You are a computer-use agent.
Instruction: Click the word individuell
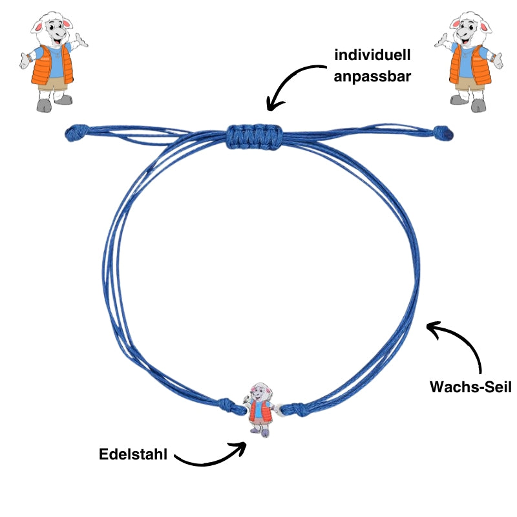(x=372, y=56)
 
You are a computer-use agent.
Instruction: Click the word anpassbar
(x=372, y=76)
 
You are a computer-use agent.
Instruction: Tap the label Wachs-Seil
(x=470, y=388)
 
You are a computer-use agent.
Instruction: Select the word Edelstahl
(x=133, y=454)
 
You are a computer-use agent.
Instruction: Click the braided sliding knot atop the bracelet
(x=254, y=134)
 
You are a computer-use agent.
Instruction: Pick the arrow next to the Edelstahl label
(x=210, y=456)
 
